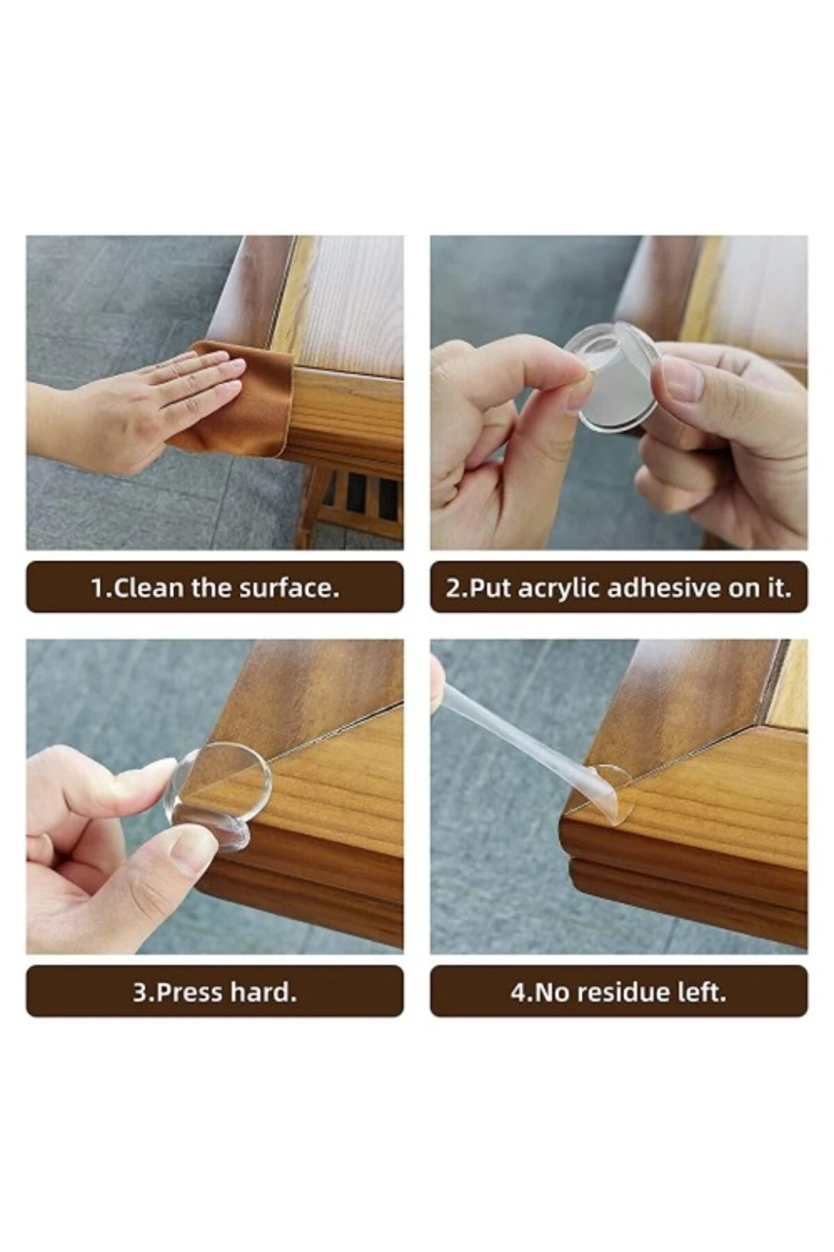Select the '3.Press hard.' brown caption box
215,991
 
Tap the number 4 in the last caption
518,992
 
